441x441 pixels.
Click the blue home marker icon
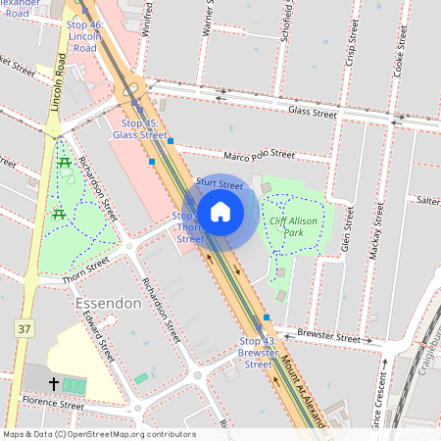tap(220, 211)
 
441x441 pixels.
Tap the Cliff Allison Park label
tap(299, 227)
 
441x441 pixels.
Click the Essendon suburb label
tap(108, 304)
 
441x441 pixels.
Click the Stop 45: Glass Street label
tap(138, 129)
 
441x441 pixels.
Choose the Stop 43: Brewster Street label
tap(257, 352)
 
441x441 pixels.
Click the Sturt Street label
tap(219, 183)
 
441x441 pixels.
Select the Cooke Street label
tap(398, 59)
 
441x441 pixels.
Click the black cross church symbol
tap(53, 383)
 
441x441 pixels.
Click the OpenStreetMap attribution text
tap(99, 433)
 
